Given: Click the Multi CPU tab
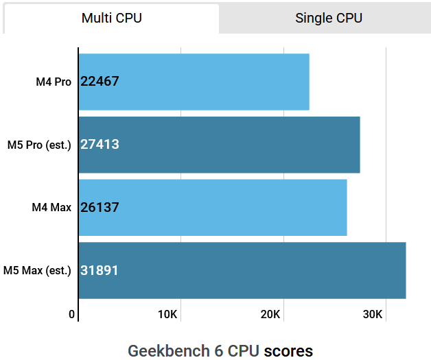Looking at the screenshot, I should (112, 19).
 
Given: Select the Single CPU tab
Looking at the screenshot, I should (328, 19).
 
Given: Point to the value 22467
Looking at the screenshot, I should (100, 82).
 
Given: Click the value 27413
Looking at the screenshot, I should (100, 145).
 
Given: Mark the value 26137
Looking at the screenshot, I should (100, 207).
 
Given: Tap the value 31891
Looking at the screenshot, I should (100, 270).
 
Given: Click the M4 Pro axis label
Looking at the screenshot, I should (54, 82).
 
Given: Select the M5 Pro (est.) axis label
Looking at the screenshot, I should (39, 145).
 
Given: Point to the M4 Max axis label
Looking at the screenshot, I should (51, 207).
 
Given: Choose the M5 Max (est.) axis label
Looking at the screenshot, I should (38, 270).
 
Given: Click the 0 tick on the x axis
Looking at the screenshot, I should (72, 315).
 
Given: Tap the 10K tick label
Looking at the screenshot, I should (169, 315).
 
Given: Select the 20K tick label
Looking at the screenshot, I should (271, 315).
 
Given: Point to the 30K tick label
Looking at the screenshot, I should (373, 315).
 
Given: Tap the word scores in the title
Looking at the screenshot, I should (288, 351).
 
